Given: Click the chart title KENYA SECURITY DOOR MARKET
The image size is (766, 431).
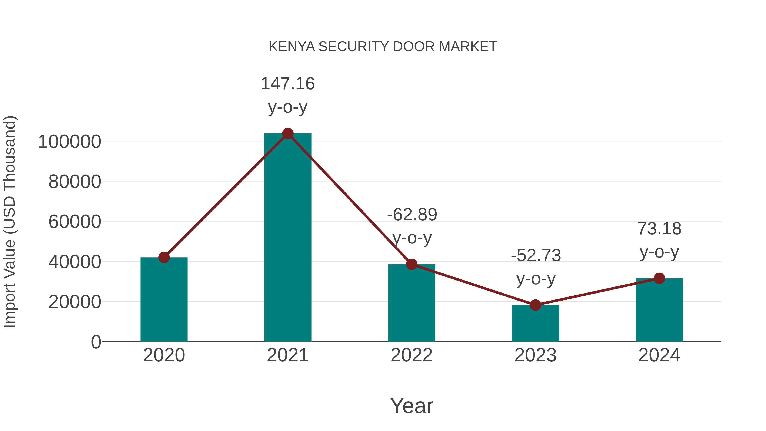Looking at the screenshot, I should tap(383, 47).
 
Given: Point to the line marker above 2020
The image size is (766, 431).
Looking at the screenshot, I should tap(164, 257).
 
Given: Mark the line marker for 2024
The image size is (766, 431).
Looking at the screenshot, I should tap(659, 278).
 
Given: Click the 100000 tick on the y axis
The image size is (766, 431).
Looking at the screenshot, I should tap(70, 142).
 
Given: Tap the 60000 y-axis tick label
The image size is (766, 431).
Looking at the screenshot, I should tap(75, 222).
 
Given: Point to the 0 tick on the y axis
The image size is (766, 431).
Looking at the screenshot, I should tap(96, 342).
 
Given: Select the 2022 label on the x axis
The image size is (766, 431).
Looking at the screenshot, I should tap(412, 355).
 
